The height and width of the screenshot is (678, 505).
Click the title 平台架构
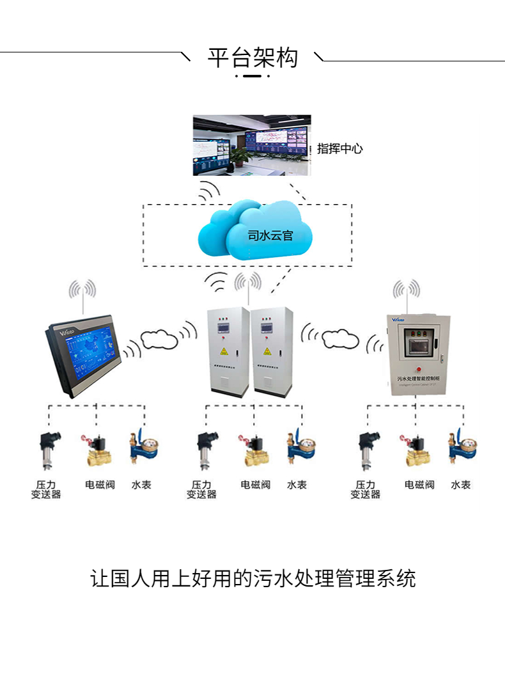(252, 58)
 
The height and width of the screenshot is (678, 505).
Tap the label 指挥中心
(340, 148)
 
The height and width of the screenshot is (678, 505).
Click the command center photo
(252, 145)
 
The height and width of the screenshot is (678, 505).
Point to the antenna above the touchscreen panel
(82, 296)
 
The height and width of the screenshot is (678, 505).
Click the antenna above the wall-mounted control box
(406, 294)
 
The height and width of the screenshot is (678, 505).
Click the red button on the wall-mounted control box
(417, 368)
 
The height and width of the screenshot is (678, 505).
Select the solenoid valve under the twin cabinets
(253, 450)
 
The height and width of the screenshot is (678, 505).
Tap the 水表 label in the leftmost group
(141, 485)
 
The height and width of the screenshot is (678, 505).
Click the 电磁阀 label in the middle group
(255, 485)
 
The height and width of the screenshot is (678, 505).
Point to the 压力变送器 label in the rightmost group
(365, 490)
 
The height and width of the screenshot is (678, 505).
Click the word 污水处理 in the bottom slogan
(285, 578)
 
